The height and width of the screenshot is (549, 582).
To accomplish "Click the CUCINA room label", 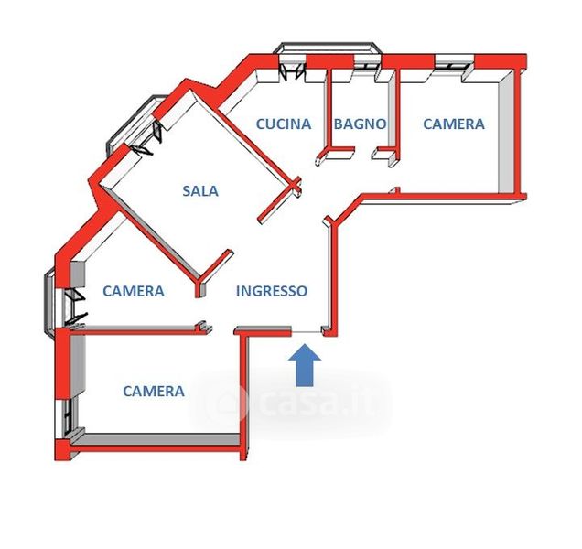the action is (283, 124).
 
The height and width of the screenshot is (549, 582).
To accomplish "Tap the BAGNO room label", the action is (359, 124).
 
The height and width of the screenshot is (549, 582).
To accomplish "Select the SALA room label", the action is (199, 191).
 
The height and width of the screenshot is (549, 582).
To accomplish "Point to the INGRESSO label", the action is (272, 291).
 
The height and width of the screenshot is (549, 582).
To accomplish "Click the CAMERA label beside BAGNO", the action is (453, 124).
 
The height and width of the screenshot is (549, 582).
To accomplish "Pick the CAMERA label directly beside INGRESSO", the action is (134, 291).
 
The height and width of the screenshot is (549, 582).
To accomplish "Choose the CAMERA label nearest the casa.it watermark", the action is (154, 391).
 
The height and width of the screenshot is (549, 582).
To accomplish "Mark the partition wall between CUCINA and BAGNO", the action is (327, 110).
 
